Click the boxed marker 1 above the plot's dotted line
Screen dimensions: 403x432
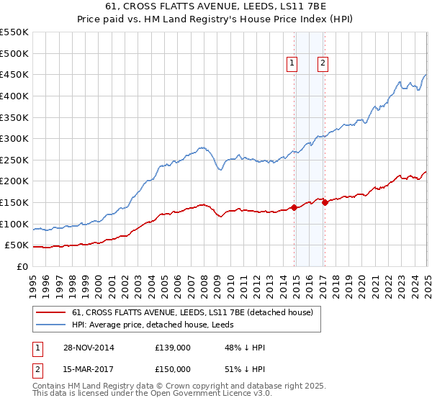pyautogui.click(x=292, y=63)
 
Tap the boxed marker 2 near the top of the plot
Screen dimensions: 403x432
pyautogui.click(x=322, y=63)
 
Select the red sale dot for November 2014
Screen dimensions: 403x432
pyautogui.click(x=294, y=207)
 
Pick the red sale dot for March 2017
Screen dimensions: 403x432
pyautogui.click(x=325, y=202)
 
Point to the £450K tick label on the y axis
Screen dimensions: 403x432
pyautogui.click(x=14, y=74)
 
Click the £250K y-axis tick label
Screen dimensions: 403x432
pyautogui.click(x=14, y=160)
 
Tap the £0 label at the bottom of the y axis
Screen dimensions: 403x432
pyautogui.click(x=23, y=266)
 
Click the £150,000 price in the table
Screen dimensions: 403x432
pyautogui.click(x=174, y=368)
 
